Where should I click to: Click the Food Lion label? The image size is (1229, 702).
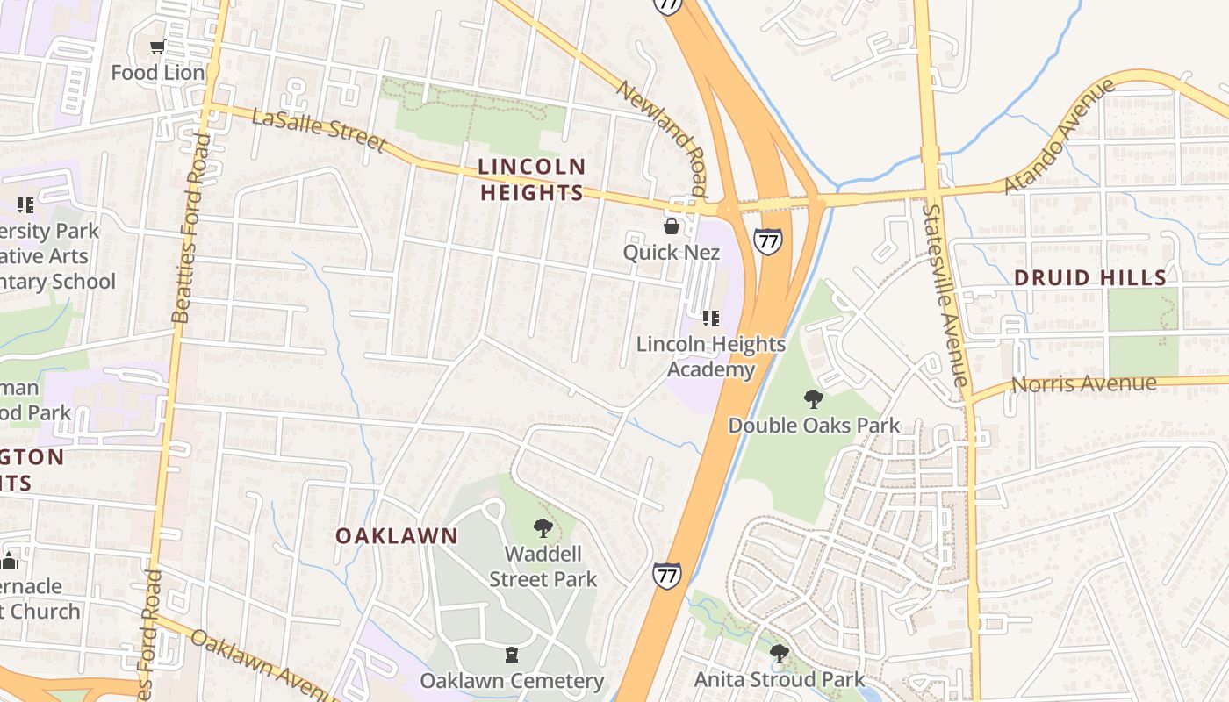[x=157, y=73]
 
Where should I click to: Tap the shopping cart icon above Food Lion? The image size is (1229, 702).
[x=157, y=47]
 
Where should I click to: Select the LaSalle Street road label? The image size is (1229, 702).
[x=318, y=130]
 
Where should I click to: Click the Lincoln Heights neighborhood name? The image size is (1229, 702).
[x=532, y=179]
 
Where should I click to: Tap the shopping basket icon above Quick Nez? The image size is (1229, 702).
[x=672, y=227]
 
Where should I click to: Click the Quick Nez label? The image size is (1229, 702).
[x=672, y=253]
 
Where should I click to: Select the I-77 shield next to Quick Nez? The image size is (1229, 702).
[x=766, y=240]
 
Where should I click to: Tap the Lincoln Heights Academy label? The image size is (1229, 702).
[x=710, y=356]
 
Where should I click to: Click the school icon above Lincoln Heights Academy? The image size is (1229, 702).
[x=711, y=319]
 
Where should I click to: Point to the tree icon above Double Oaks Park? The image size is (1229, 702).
[x=814, y=399]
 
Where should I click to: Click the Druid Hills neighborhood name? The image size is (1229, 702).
[x=1089, y=278]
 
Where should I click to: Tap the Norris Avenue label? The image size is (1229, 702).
[x=1083, y=384]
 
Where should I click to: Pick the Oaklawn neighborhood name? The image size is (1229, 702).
[x=397, y=536]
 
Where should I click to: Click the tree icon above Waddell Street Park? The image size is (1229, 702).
[x=543, y=528]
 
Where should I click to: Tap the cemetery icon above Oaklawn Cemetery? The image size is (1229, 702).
[x=512, y=655]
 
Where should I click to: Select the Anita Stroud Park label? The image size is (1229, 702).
[x=779, y=679]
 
